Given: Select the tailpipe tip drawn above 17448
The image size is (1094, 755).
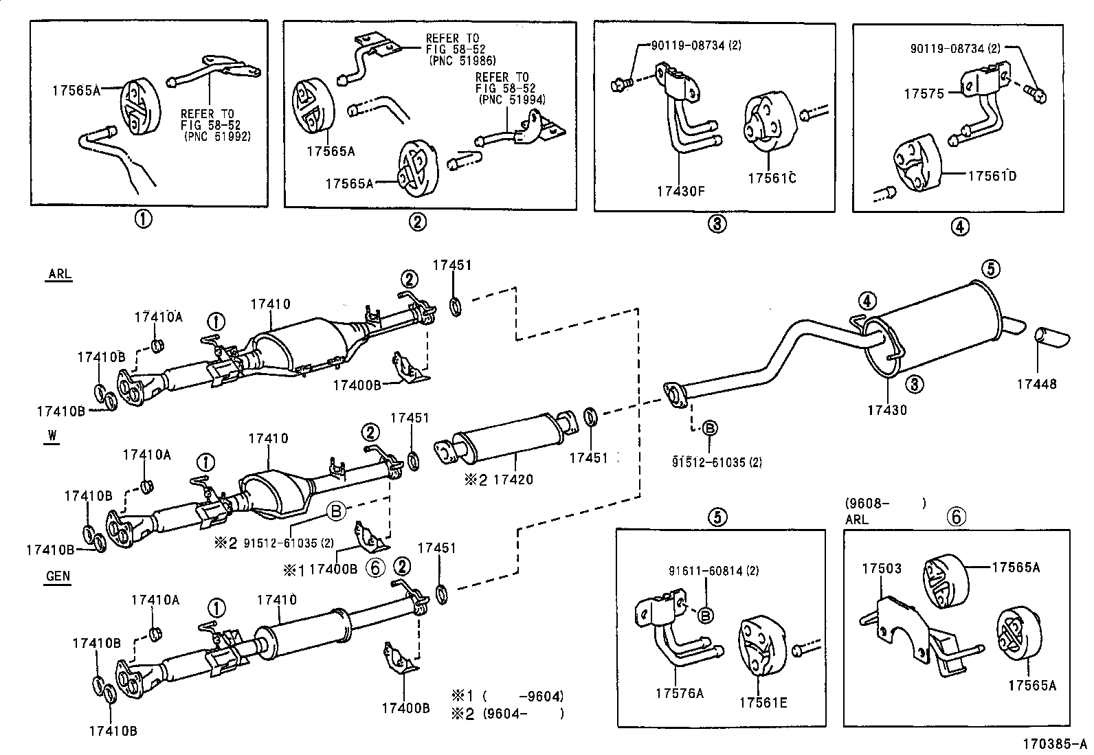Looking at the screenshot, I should [x=1051, y=338].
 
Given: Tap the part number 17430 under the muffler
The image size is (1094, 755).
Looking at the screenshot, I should [x=886, y=410].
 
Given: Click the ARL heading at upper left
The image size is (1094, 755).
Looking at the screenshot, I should [x=59, y=274].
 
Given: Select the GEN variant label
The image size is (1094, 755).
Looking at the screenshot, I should [x=58, y=576].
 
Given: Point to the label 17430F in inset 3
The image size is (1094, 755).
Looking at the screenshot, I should [x=680, y=191].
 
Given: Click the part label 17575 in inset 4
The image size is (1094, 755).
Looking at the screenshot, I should [x=926, y=93].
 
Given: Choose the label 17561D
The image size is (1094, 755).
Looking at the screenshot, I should [x=992, y=176].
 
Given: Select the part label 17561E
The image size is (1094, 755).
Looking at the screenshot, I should [x=763, y=702].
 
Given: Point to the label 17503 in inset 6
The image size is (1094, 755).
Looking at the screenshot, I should [x=882, y=568].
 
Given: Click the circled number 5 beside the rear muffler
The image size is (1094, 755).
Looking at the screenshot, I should [x=990, y=269].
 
